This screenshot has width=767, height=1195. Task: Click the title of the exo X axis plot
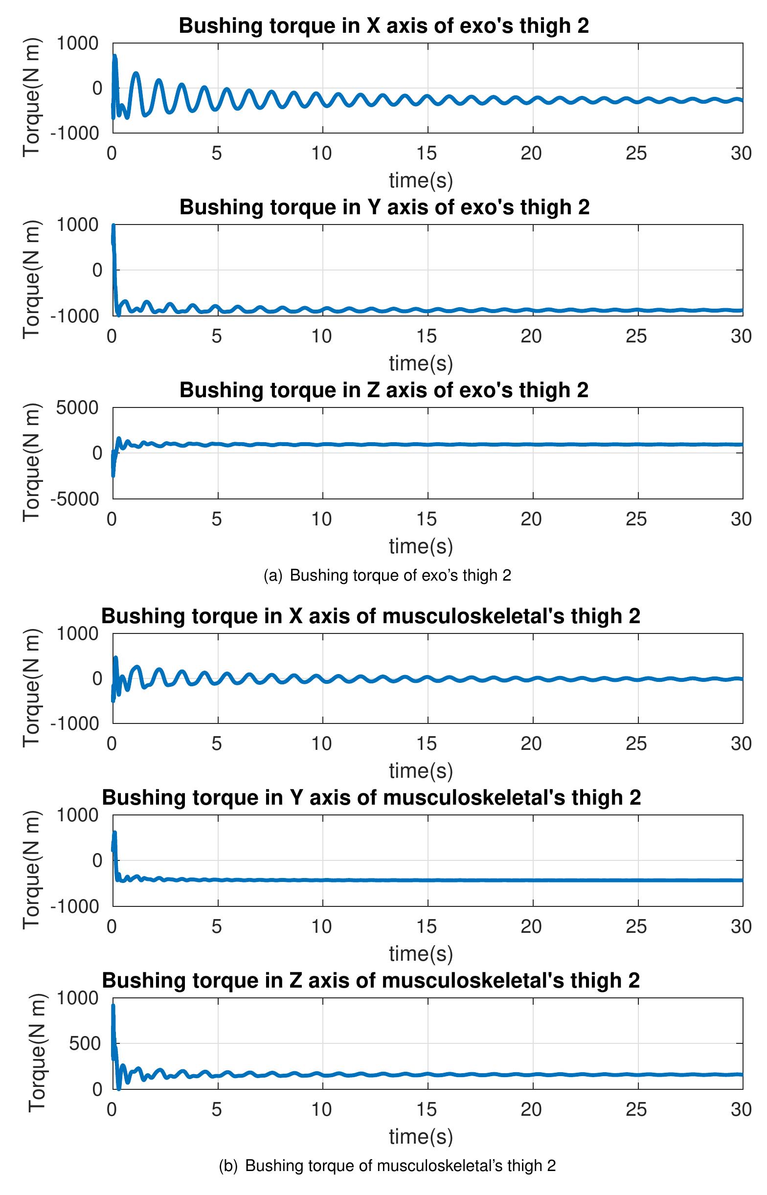tap(383, 25)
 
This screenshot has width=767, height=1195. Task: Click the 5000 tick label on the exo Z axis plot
tap(77, 408)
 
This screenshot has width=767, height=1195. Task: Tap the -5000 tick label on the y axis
tap(75, 499)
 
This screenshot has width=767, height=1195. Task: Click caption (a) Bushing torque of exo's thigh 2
tap(387, 575)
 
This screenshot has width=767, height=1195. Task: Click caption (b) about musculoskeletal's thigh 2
tap(387, 1166)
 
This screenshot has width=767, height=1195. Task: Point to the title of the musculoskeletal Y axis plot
tap(371, 797)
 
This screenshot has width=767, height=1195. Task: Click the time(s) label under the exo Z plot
tap(421, 546)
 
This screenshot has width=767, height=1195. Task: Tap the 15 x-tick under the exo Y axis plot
tap(427, 336)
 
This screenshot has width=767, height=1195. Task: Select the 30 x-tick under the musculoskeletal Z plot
tap(741, 1109)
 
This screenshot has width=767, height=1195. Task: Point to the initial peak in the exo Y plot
tap(113, 226)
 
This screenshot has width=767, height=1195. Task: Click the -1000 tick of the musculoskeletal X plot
tap(75, 723)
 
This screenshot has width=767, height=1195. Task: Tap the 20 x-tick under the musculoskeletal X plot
tap(531, 744)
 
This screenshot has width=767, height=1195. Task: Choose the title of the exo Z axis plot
tap(383, 390)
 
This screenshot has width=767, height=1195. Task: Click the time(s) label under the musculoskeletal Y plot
tap(421, 953)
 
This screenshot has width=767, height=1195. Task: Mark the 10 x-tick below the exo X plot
tap(322, 153)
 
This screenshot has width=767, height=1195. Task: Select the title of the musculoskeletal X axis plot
tap(371, 616)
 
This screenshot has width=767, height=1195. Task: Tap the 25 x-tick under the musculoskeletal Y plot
tap(636, 926)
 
